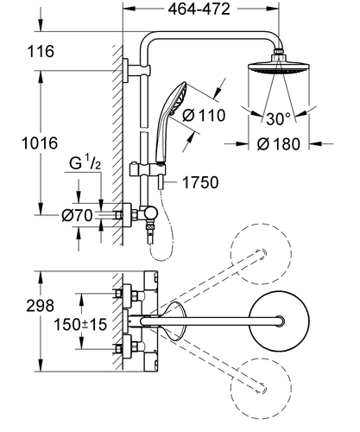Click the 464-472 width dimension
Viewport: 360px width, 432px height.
click(199, 10)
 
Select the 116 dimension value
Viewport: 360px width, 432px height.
click(41, 51)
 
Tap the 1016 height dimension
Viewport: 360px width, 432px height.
click(40, 143)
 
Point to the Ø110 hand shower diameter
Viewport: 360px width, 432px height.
click(204, 116)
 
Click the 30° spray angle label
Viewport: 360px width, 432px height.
click(278, 118)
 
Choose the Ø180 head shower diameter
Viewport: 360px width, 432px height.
click(278, 143)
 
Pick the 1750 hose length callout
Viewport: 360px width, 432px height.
click(200, 182)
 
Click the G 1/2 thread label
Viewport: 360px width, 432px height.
click(85, 163)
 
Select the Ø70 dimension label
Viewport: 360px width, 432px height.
click(77, 215)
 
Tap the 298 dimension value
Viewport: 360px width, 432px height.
click(40, 306)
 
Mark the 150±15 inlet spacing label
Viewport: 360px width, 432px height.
click(80, 325)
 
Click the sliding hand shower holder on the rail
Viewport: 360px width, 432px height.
click(148, 168)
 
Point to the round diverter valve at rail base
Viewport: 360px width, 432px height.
click(150, 213)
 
